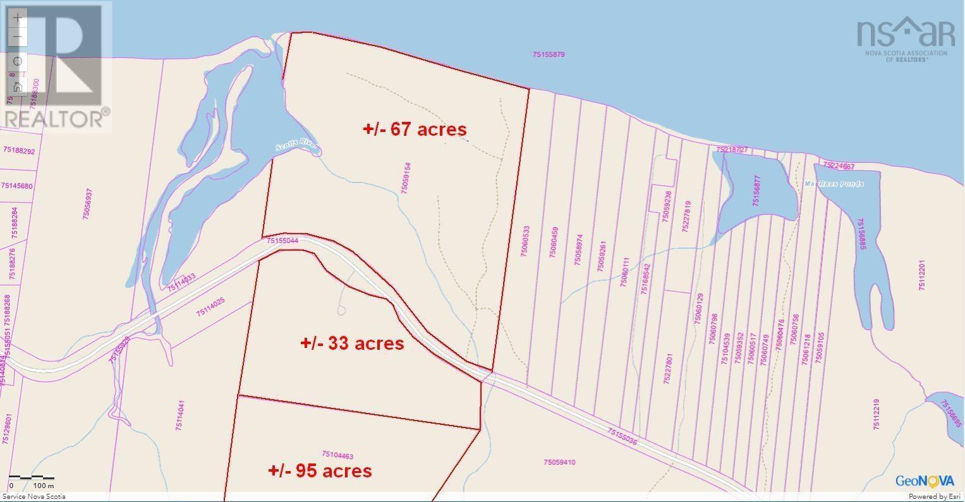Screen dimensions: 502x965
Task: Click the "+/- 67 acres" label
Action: tap(415, 129)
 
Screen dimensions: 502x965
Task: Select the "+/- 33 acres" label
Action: tap(352, 343)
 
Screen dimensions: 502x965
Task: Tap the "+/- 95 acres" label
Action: tap(320, 470)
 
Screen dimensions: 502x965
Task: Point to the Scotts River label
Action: tap(296, 147)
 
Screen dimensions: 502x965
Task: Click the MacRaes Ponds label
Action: tap(834, 184)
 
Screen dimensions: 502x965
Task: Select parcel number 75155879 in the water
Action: tap(548, 55)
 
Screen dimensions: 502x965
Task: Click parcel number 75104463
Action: tap(337, 455)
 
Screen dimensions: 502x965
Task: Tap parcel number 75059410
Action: tap(559, 462)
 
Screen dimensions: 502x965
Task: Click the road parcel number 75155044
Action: tap(282, 241)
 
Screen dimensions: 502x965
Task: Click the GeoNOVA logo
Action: tap(925, 481)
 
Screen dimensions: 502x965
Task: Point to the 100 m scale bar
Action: tap(32, 481)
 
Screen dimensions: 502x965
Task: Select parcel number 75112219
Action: tap(877, 414)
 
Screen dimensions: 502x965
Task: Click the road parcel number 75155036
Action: tap(622, 436)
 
